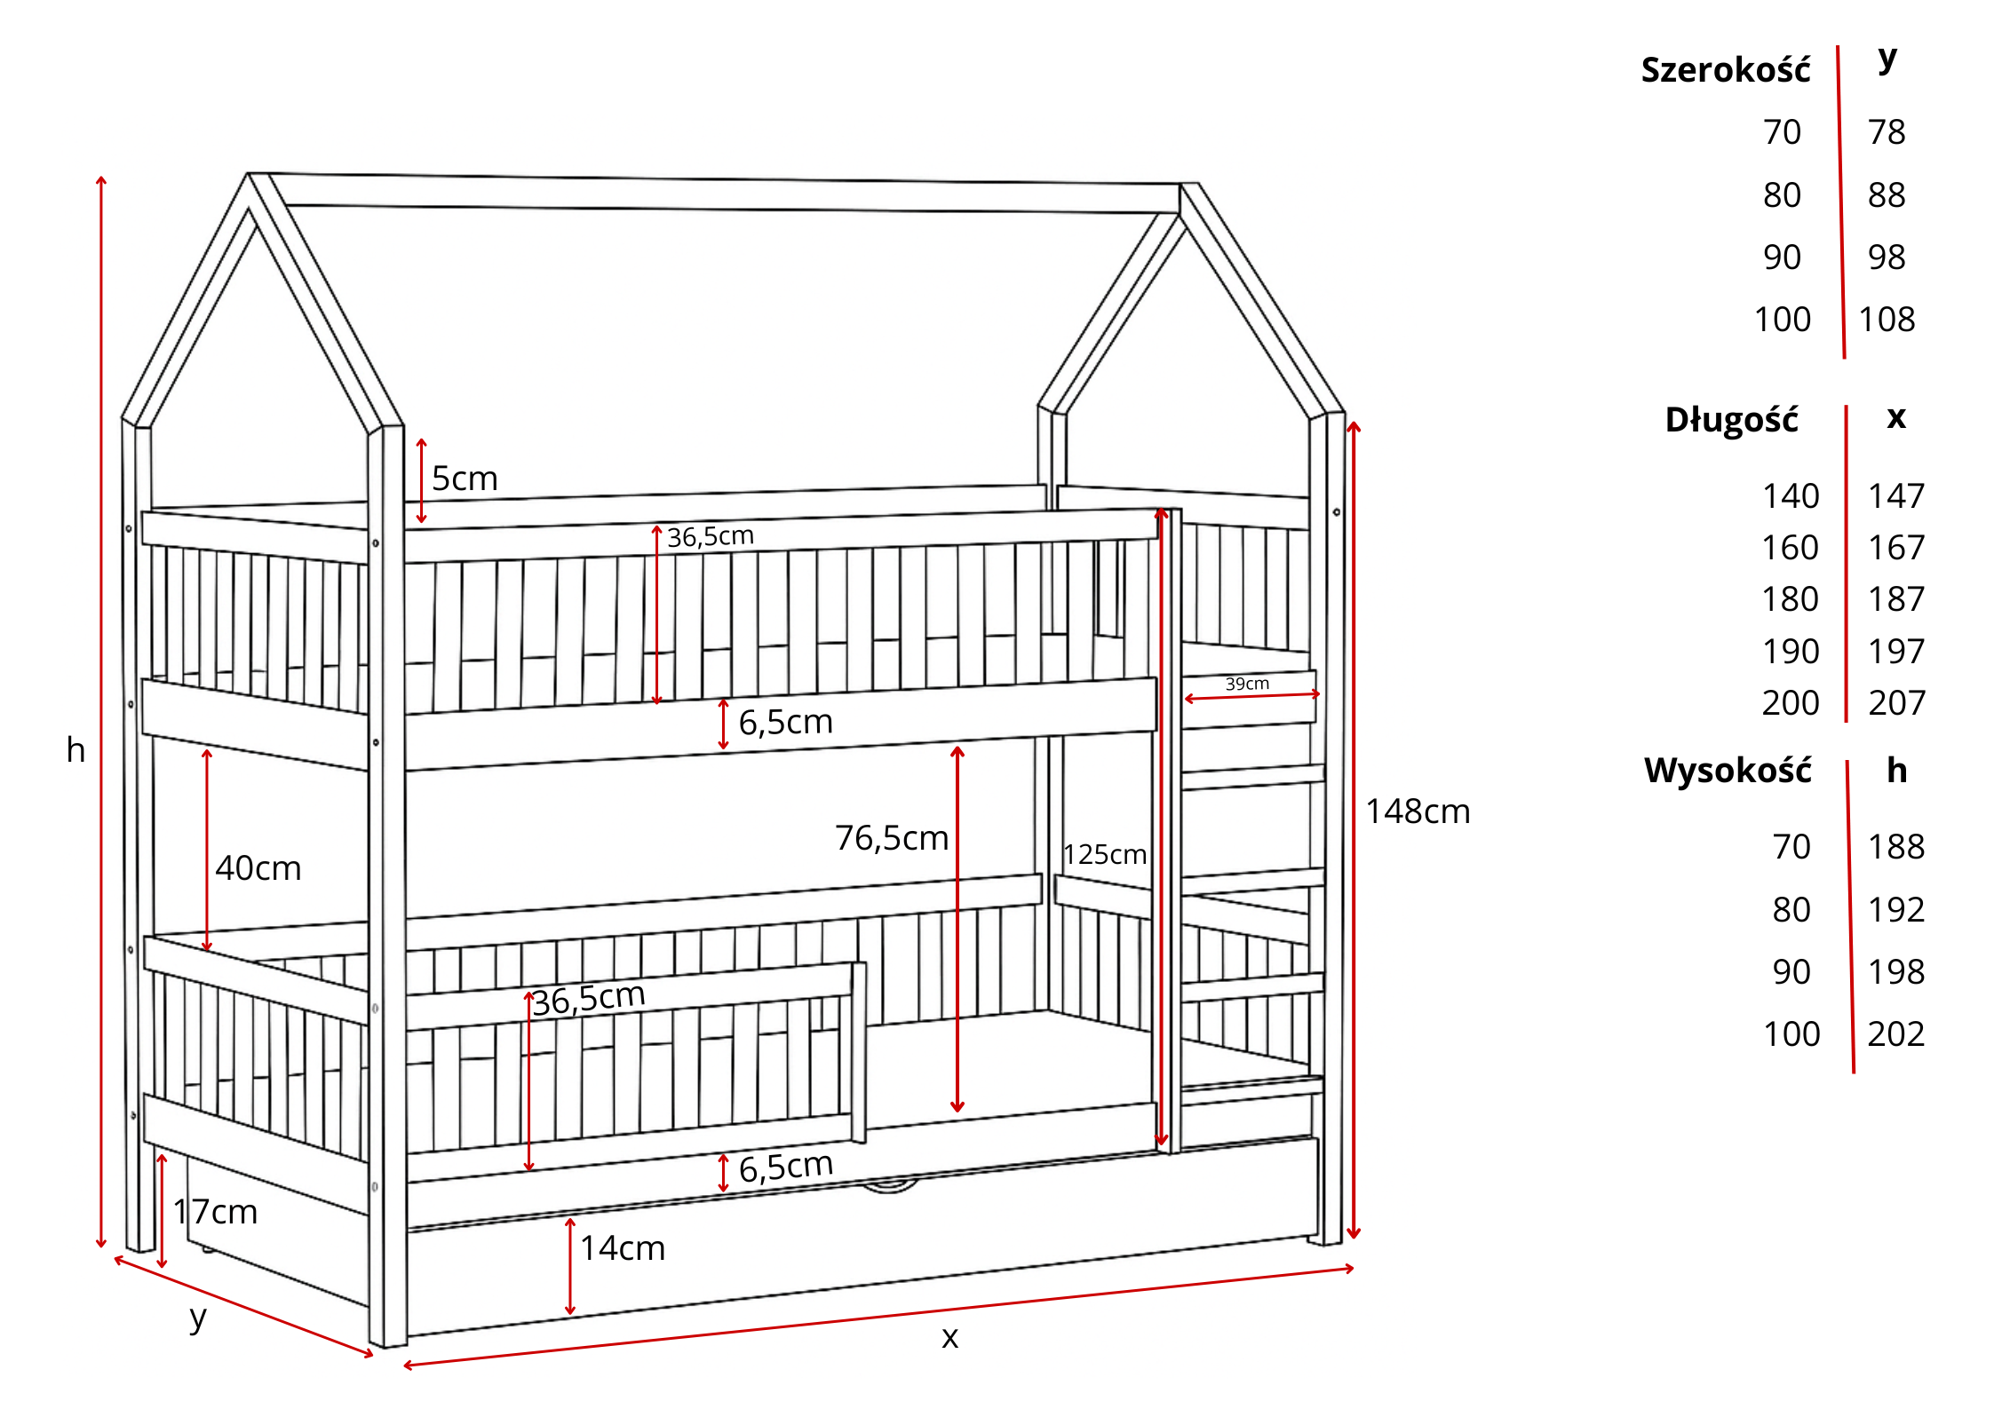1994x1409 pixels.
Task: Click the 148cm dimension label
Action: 1417,811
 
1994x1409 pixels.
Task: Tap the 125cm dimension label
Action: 1104,854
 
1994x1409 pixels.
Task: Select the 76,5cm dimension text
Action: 891,838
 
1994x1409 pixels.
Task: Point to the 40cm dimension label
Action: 258,868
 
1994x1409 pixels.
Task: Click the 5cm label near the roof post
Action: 464,479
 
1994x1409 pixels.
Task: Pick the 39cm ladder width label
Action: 1247,684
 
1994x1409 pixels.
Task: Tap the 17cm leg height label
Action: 215,1212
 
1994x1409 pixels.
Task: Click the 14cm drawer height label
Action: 622,1248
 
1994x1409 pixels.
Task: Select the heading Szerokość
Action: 1725,70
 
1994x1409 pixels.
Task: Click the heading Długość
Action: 1731,420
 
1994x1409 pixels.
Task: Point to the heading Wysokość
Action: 1727,771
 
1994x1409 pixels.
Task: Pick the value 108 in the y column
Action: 1887,320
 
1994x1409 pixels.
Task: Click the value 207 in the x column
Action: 1895,703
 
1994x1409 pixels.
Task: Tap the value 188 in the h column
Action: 1895,847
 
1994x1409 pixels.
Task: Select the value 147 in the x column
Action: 1895,496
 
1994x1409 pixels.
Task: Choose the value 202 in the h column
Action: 1895,1034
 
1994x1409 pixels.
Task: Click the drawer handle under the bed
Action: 889,1186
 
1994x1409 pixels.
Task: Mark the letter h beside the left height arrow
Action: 75,750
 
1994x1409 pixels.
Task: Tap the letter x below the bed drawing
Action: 949,1338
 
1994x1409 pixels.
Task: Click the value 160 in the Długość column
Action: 1790,548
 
